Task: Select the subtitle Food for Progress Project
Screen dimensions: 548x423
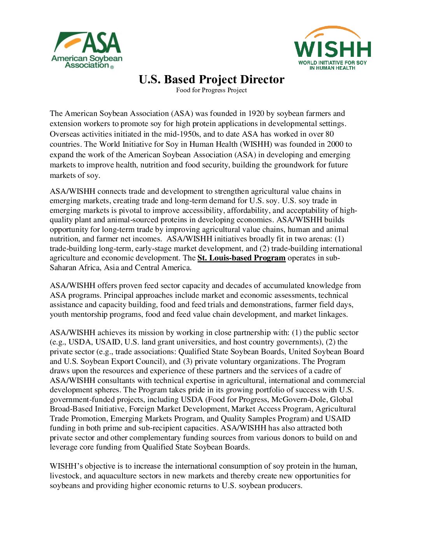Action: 211,90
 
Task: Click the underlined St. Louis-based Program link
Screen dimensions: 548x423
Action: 241,258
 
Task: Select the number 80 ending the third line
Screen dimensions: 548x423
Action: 329,134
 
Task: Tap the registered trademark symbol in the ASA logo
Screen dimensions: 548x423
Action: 112,67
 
